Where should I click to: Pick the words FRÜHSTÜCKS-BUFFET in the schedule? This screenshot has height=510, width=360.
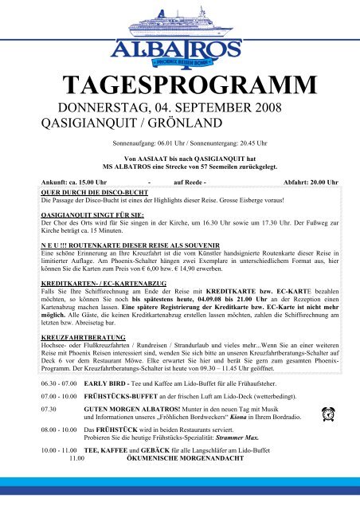(x=121, y=395)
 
